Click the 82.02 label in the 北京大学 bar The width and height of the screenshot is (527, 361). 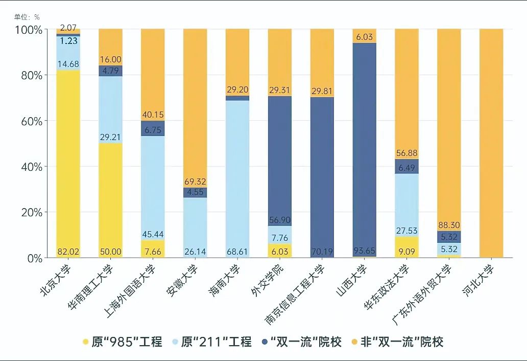[68, 252]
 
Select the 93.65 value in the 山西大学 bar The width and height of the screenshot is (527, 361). [365, 252]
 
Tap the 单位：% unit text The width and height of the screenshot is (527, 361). [27, 16]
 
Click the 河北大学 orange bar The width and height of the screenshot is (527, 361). [491, 143]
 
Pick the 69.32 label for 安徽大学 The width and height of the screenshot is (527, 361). [195, 182]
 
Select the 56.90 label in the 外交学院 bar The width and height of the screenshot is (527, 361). [280, 220]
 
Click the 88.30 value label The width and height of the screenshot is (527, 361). [449, 225]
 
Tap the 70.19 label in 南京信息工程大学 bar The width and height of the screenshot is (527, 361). [322, 252]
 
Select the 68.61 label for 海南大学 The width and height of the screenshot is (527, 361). [237, 252]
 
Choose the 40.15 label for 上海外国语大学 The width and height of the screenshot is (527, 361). [153, 115]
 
